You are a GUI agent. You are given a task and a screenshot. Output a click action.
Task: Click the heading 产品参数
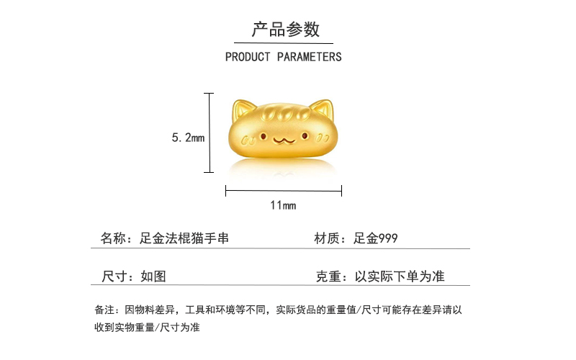(x=285, y=30)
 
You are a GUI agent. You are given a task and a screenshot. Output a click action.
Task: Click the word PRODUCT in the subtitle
(x=248, y=56)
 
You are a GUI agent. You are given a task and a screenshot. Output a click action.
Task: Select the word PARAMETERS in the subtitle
(x=310, y=56)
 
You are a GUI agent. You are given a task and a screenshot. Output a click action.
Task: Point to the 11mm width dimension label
(x=283, y=205)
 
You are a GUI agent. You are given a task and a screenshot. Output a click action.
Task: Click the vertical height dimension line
(x=210, y=132)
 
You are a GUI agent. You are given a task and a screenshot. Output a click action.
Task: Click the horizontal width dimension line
(x=283, y=191)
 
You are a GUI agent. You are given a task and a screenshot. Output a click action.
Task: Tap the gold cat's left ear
(x=243, y=111)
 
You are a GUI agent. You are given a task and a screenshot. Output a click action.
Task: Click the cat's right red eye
(x=307, y=135)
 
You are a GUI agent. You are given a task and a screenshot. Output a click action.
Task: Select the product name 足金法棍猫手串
(x=184, y=238)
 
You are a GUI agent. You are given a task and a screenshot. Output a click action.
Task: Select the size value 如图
(x=153, y=276)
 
